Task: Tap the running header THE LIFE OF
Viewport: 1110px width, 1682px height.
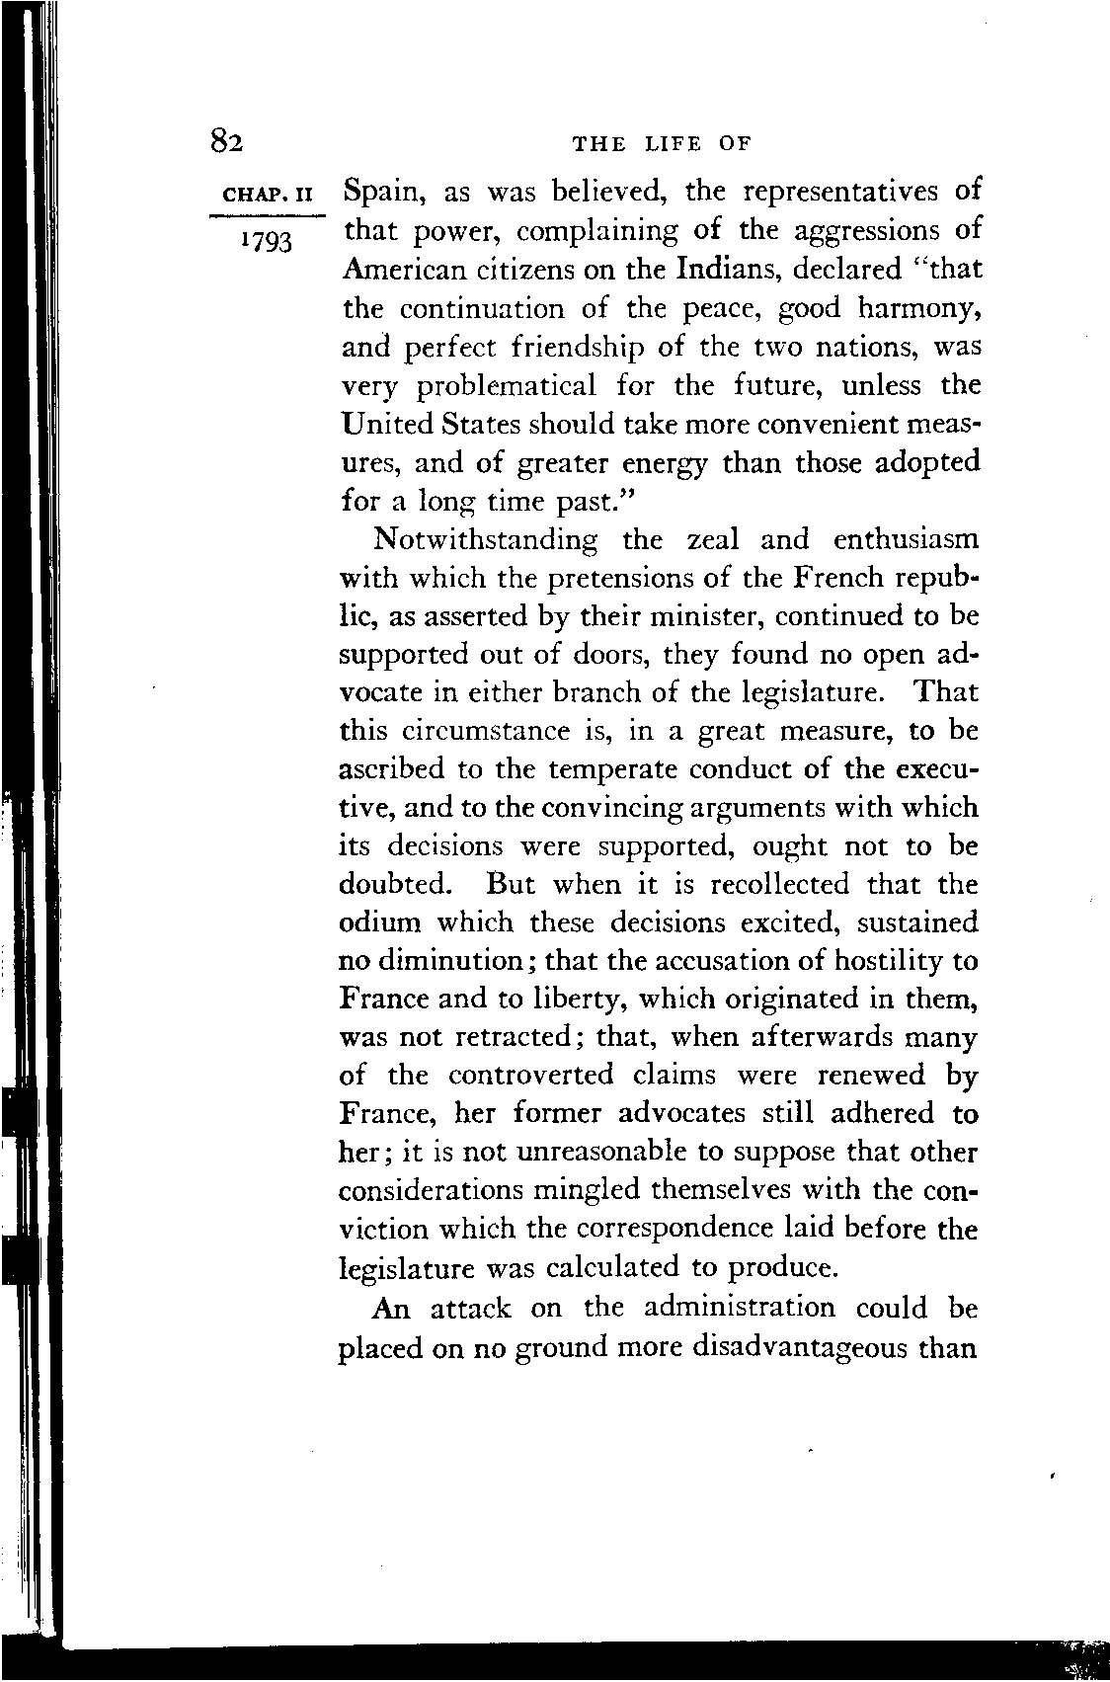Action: (662, 144)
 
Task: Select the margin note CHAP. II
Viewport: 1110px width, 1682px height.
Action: (267, 194)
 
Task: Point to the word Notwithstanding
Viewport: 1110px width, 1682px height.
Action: (486, 540)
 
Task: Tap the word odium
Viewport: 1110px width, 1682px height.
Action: (379, 922)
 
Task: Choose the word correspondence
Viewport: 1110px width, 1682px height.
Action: (686, 1230)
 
